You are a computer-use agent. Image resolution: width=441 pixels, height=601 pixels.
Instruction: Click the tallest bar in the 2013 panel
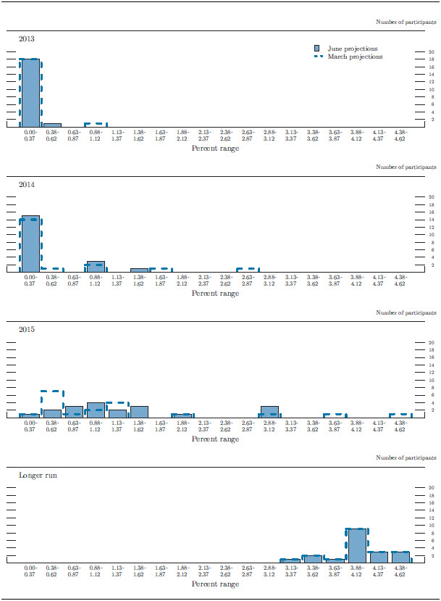tap(30, 93)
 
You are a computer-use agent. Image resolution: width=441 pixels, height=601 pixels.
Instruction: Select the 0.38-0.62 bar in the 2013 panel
tap(52, 125)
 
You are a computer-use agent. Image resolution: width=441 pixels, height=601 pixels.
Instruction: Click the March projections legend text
tap(355, 57)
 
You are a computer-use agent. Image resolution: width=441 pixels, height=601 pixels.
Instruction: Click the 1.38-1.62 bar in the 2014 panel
tap(139, 270)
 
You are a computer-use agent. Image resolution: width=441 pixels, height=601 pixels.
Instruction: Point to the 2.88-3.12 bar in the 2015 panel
tap(269, 412)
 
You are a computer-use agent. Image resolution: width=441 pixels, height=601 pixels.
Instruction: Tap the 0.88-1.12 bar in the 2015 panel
tap(96, 410)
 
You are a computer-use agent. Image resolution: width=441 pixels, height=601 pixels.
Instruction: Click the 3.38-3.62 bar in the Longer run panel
tap(312, 558)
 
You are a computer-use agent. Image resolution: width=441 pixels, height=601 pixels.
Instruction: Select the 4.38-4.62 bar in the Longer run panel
tap(400, 557)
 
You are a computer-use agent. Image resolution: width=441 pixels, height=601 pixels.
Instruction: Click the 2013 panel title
tap(26, 38)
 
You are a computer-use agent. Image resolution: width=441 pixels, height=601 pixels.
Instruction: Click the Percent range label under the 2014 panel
tap(215, 294)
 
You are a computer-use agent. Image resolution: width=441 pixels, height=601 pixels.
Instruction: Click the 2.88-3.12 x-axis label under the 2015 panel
tap(269, 426)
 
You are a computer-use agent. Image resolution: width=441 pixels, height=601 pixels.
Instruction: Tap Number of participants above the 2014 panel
tap(406, 167)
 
